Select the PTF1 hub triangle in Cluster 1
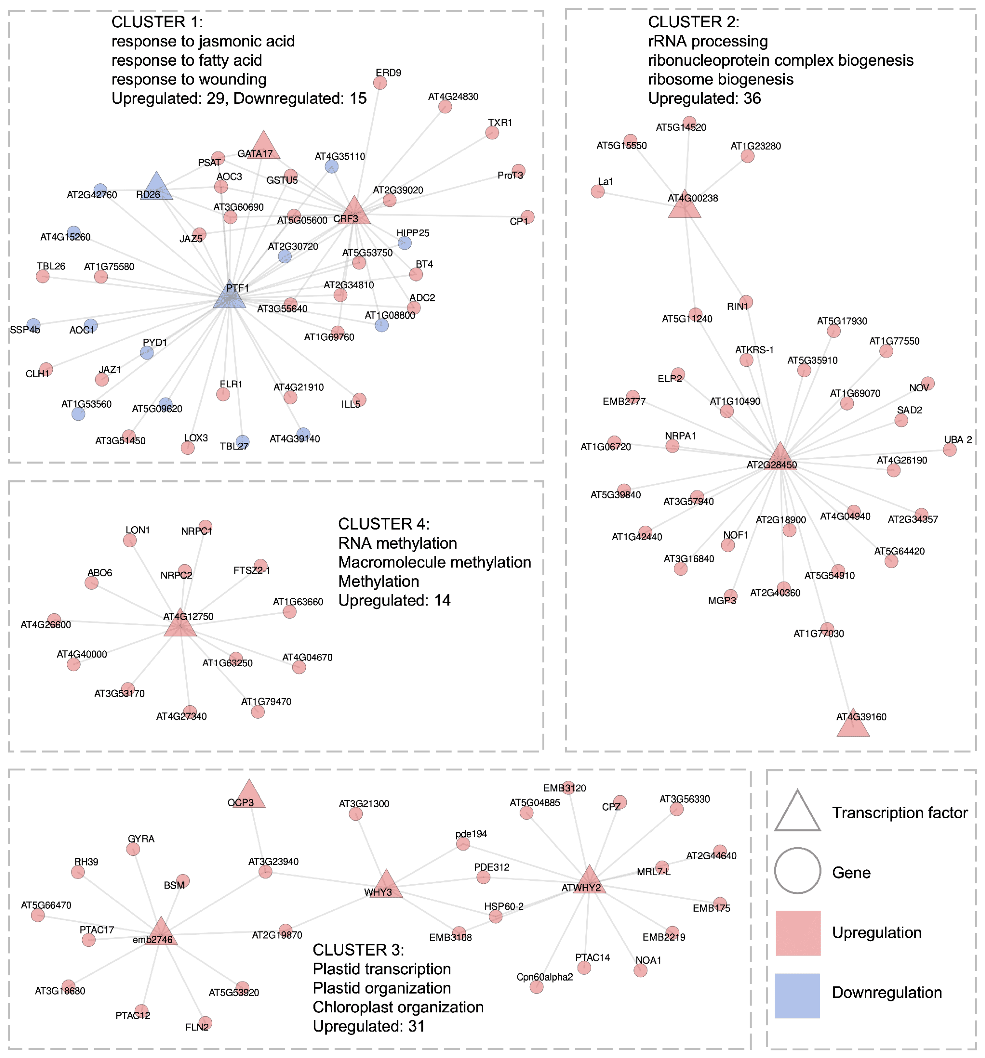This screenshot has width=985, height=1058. click(229, 296)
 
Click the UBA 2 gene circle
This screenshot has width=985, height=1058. click(949, 450)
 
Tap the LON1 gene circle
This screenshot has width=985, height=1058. click(129, 541)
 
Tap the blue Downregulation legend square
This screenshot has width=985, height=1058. click(798, 996)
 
